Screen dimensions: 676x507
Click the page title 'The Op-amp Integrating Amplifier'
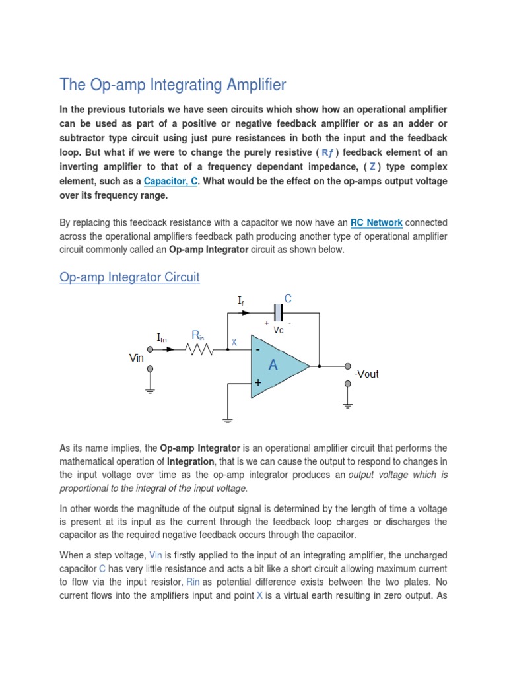[173, 84]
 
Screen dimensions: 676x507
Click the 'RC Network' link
[376, 223]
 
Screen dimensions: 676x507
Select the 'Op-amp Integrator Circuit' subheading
[129, 277]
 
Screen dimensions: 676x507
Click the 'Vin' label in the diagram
[136, 358]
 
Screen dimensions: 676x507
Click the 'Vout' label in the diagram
[368, 374]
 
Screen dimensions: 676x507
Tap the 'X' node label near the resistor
[233, 343]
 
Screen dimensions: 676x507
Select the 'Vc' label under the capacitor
[279, 329]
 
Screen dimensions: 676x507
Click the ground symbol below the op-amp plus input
[228, 418]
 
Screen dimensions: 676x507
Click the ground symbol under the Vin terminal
[151, 391]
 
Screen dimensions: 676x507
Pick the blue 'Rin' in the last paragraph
[193, 582]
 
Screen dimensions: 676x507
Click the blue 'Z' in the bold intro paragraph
[373, 167]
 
